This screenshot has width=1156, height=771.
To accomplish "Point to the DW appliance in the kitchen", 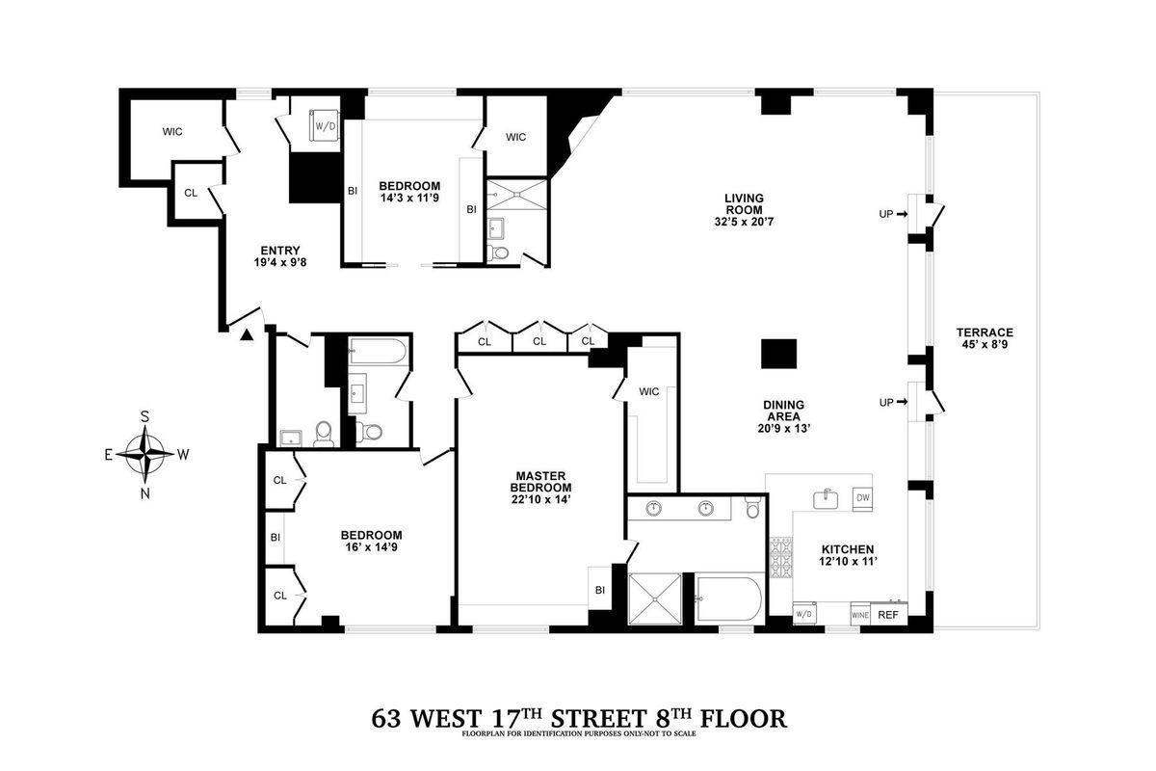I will click(863, 497).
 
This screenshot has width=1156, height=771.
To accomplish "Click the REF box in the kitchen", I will click(887, 614).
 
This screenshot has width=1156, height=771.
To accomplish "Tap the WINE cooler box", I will click(860, 614).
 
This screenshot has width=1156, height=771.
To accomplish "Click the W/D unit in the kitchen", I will click(804, 614).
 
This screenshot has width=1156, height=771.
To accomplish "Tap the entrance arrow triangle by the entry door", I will click(247, 334).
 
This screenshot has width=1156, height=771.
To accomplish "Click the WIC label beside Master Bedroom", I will click(648, 391).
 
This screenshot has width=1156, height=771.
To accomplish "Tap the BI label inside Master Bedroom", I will click(599, 590).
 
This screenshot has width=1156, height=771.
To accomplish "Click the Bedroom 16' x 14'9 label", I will click(371, 542).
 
